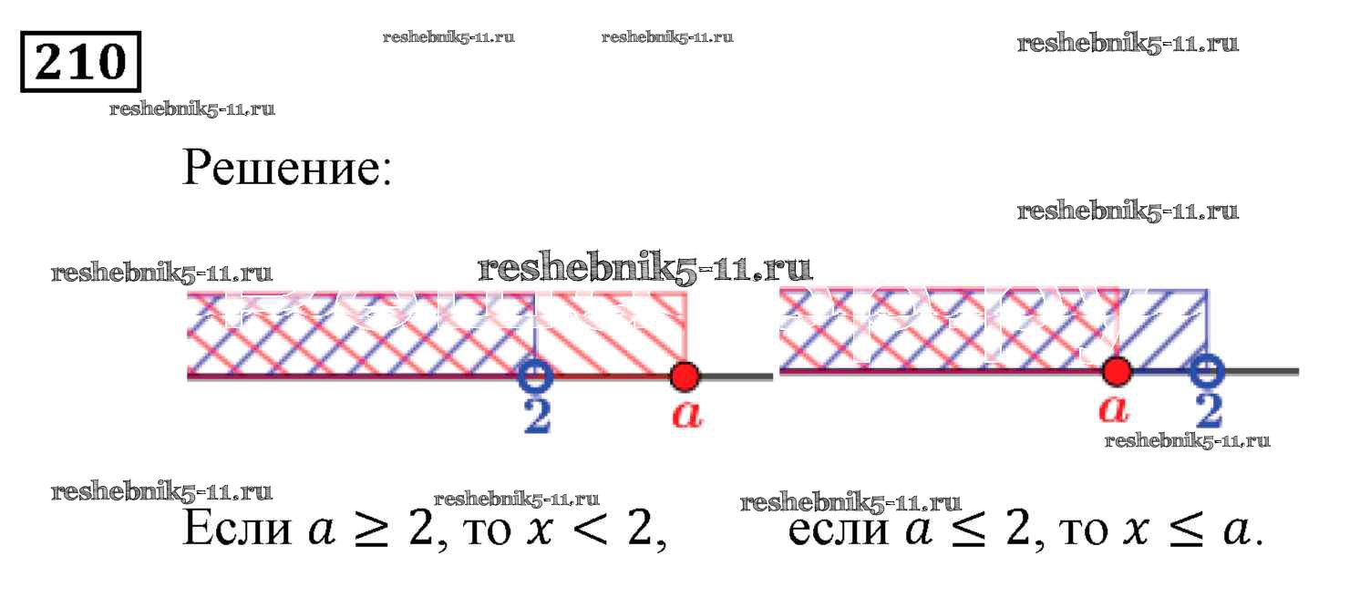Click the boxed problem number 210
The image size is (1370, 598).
pos(81,62)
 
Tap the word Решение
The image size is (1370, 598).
pos(287,167)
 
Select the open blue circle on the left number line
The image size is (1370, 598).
pos(535,374)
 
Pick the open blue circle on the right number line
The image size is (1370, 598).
pos(1207,371)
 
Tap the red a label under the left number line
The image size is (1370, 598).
pos(686,415)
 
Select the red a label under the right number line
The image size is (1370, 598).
pos(1114,410)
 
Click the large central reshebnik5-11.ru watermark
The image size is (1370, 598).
pos(644,268)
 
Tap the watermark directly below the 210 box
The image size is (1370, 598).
pos(191,109)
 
